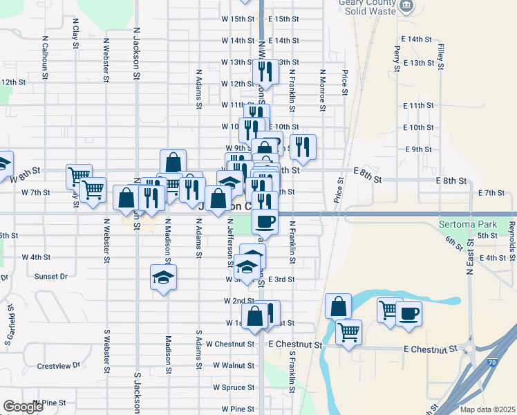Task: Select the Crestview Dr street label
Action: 59,365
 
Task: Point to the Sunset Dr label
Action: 50,276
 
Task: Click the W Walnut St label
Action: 234,365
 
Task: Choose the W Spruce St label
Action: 234,387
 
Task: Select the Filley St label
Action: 440,57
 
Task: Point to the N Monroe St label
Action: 322,90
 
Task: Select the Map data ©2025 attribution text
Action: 487,409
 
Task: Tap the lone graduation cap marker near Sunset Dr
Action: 163,278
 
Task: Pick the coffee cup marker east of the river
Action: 408,313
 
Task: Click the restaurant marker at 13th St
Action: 265,72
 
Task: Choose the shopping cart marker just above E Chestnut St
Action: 349,332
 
